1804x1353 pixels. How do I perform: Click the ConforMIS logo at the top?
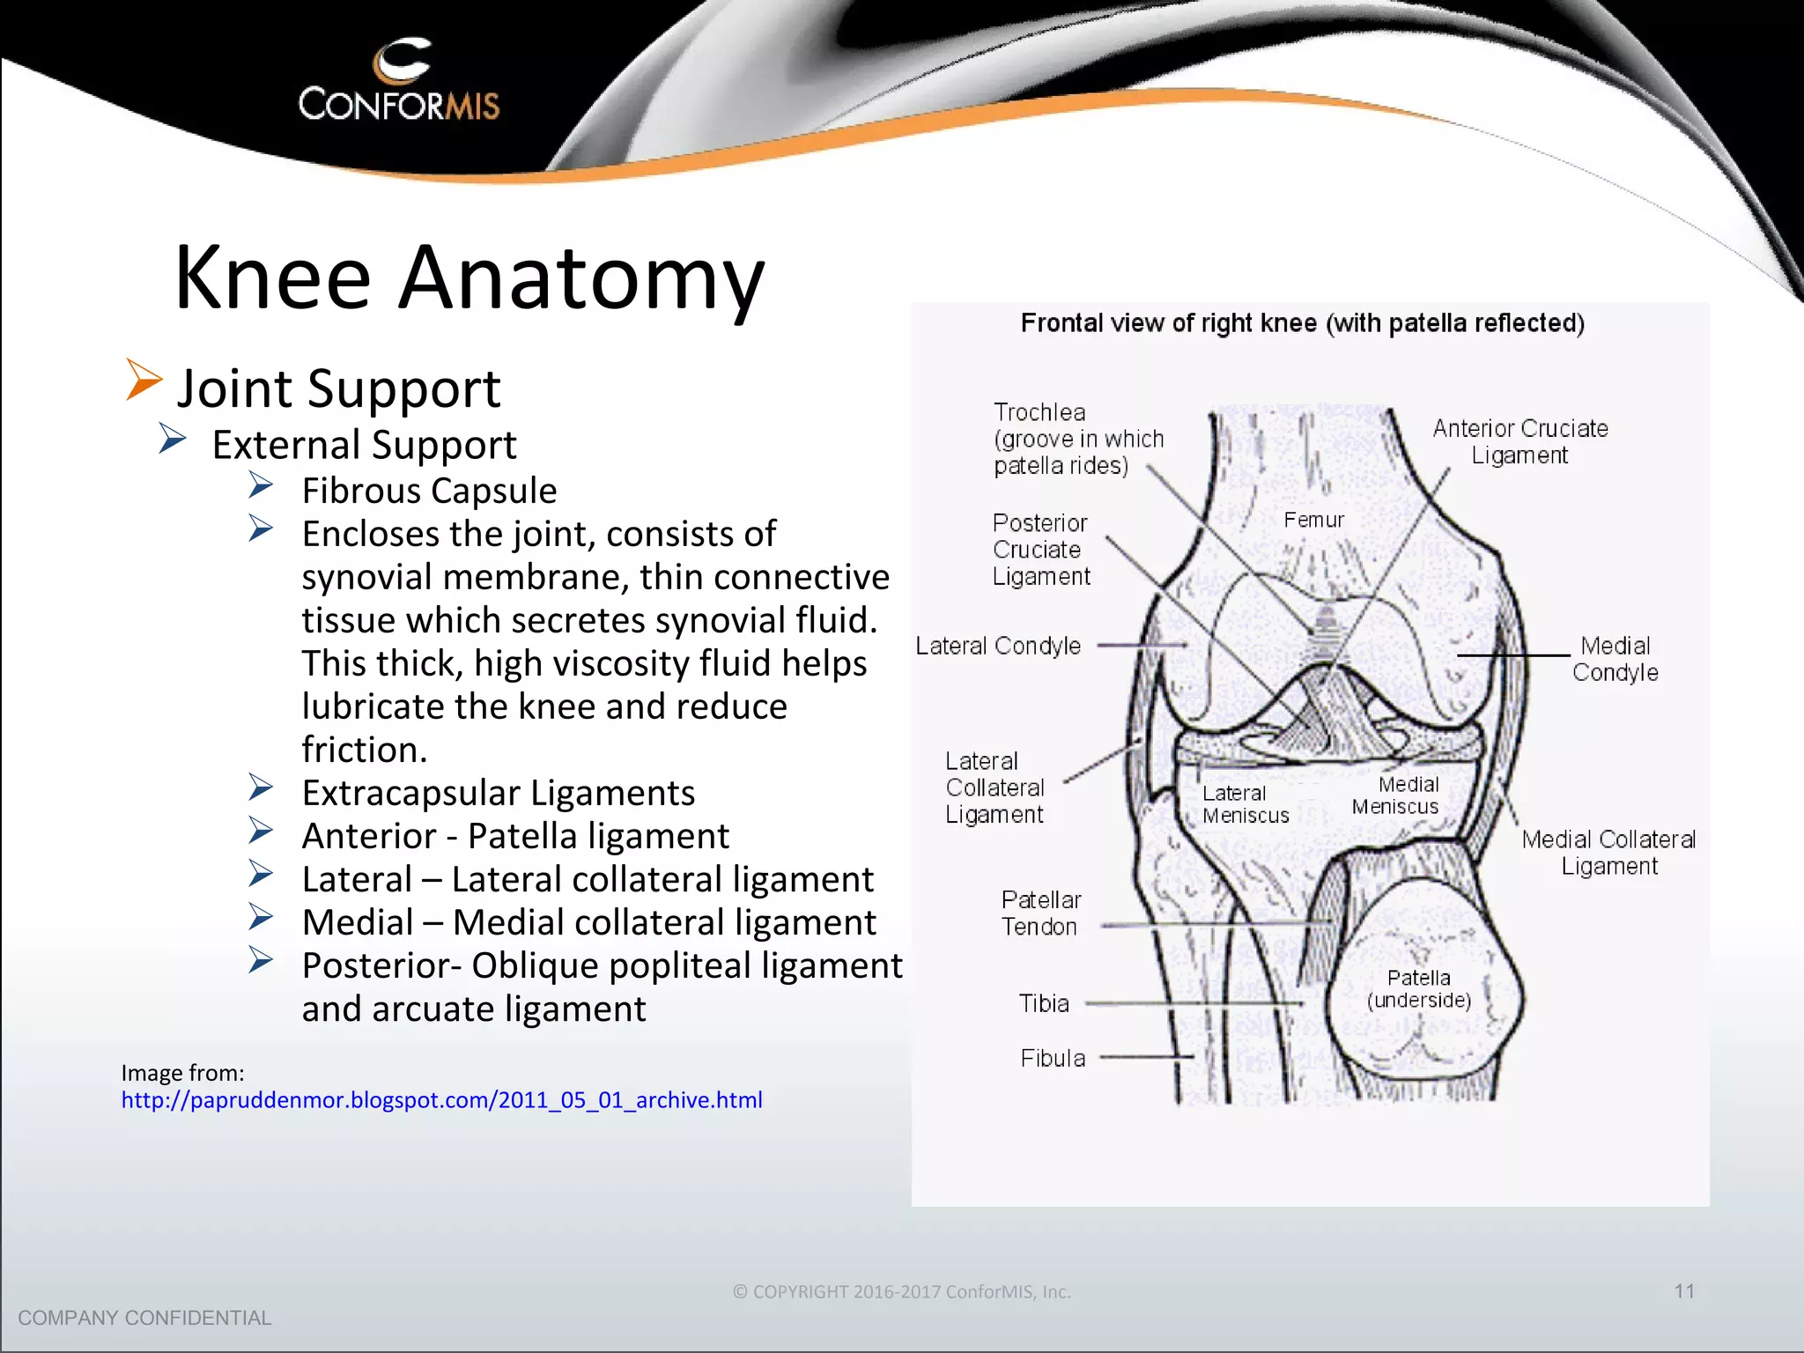click(x=399, y=81)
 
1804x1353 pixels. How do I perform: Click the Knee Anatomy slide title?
click(x=469, y=277)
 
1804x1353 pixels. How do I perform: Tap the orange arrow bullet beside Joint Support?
click(x=144, y=380)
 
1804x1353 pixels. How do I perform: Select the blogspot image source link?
click(x=441, y=1100)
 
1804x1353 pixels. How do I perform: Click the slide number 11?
click(x=1684, y=1291)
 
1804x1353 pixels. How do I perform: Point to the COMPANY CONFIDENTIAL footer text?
click(x=144, y=1318)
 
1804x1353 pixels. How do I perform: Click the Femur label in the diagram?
click(x=1313, y=521)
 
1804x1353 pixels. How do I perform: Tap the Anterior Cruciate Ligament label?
click(x=1519, y=441)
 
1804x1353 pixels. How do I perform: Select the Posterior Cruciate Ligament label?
click(x=1040, y=550)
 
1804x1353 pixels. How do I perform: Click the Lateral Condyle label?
click(x=998, y=647)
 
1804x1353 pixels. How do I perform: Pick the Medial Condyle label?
click(x=1615, y=659)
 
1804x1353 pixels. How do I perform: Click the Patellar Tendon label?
click(x=1040, y=913)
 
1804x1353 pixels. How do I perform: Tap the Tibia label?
click(x=1044, y=1003)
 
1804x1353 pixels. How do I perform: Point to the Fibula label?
click(x=1053, y=1058)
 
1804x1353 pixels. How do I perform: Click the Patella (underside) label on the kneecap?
click(x=1418, y=988)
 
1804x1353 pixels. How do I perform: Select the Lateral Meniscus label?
click(x=1245, y=804)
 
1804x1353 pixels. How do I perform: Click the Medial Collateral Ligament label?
click(x=1608, y=853)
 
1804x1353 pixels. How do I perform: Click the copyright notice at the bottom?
click(x=902, y=1292)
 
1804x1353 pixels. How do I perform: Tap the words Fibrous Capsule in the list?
click(x=429, y=491)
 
